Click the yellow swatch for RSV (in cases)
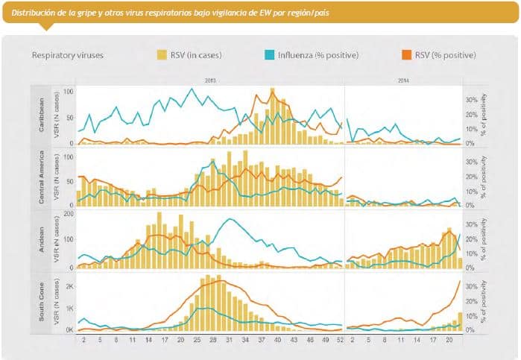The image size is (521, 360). (x=162, y=55)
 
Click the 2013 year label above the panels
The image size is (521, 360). (x=210, y=79)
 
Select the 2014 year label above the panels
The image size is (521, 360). (x=404, y=79)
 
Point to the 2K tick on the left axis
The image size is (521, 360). (x=69, y=286)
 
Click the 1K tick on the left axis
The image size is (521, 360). (x=69, y=308)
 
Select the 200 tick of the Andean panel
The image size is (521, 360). (x=67, y=215)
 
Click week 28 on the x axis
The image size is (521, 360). (x=213, y=339)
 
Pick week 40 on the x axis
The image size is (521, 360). (x=277, y=339)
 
